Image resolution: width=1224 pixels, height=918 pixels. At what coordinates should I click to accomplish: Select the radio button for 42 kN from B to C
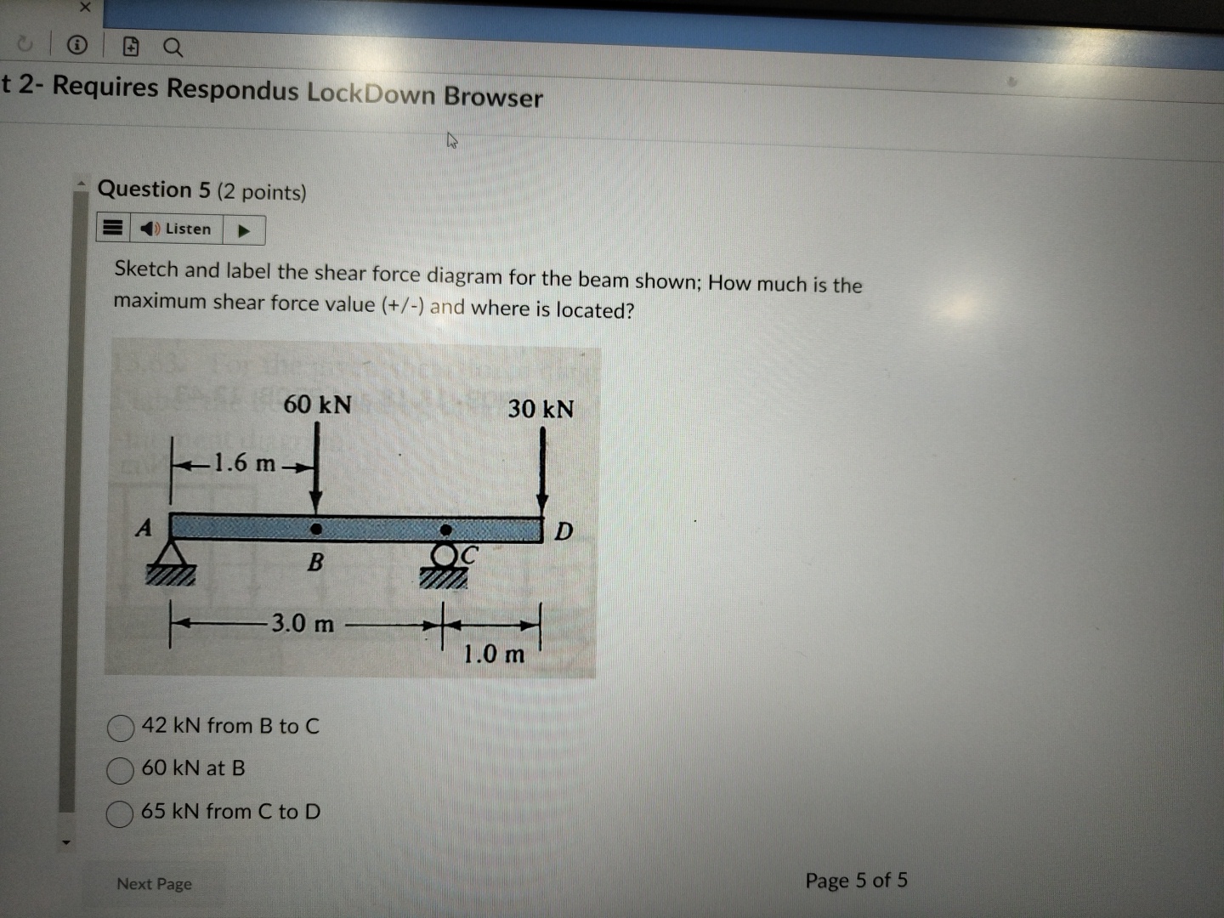(x=121, y=728)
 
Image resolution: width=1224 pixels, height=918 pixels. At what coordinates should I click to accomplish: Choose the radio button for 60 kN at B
(x=121, y=770)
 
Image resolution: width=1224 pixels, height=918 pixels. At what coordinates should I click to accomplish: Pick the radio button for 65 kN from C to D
(x=120, y=813)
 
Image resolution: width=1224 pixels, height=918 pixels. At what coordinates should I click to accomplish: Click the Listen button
(x=177, y=229)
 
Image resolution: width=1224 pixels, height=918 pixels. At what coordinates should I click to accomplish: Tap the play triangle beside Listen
(x=244, y=230)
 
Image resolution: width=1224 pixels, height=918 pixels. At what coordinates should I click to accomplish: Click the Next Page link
(x=154, y=884)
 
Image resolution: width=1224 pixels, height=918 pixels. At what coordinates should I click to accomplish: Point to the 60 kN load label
(x=317, y=405)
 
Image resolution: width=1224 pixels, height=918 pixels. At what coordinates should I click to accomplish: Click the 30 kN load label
(x=541, y=410)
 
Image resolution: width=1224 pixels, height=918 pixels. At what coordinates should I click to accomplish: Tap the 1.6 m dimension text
(x=244, y=463)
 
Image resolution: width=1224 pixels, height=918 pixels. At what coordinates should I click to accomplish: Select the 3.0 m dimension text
(x=303, y=624)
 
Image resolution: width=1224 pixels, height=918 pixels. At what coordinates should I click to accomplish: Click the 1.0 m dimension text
(x=494, y=654)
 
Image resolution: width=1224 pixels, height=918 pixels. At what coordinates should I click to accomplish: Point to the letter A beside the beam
(x=144, y=528)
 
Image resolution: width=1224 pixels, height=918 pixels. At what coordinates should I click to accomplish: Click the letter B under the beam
(x=315, y=562)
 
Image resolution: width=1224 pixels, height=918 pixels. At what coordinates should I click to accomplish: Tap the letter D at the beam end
(x=564, y=532)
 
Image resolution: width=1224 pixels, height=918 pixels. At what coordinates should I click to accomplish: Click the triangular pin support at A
(x=171, y=561)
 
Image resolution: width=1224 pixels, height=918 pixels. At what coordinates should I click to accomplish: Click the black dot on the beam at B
(x=316, y=529)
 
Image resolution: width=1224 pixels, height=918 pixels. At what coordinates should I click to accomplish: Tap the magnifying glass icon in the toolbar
(x=173, y=48)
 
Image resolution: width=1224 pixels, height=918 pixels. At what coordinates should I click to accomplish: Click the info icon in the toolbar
(x=77, y=45)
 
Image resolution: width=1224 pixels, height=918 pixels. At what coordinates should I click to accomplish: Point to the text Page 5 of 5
(x=856, y=881)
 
